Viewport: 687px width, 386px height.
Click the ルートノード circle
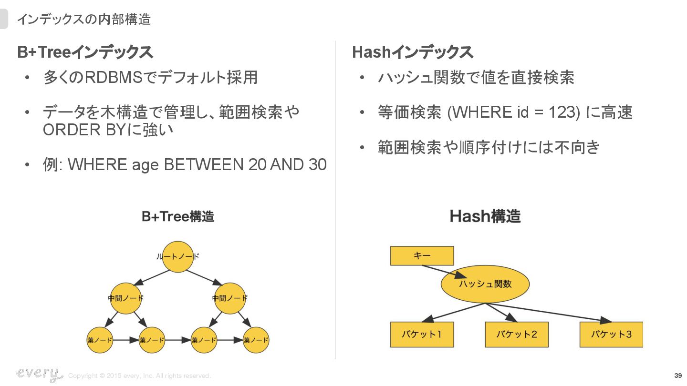177,256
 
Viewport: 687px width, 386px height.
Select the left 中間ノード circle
125,298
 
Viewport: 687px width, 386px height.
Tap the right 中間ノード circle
229,298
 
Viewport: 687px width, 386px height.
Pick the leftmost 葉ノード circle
100,340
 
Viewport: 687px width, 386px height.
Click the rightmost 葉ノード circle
256,340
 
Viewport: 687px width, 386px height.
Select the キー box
422,256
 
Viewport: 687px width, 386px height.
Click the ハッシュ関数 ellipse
485,284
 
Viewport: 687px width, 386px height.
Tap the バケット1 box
422,334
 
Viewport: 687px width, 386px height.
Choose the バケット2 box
516,334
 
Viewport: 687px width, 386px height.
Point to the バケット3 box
611,334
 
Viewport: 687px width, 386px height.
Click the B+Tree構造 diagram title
178,217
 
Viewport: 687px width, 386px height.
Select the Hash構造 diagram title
485,216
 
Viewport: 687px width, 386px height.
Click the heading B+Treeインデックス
85,52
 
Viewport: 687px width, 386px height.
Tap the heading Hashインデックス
412,52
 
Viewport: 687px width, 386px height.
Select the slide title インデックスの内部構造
84,20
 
